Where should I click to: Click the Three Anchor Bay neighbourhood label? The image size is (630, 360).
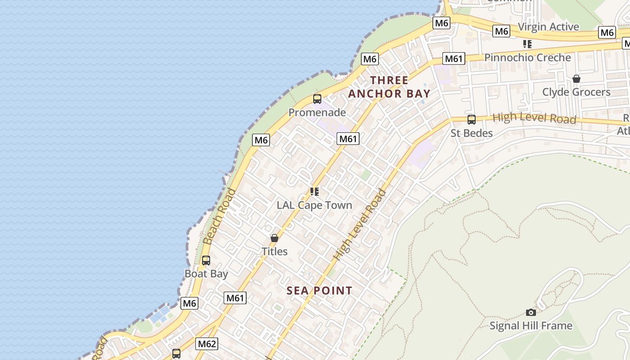click(x=389, y=87)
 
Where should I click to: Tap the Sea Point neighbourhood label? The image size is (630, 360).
click(x=319, y=290)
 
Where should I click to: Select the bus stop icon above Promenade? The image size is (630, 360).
click(x=317, y=99)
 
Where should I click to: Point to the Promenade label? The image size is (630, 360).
click(x=317, y=112)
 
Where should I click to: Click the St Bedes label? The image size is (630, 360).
click(x=472, y=133)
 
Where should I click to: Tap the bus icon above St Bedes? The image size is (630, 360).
click(x=472, y=120)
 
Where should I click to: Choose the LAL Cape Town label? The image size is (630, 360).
click(x=314, y=205)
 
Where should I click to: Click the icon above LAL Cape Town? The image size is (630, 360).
click(x=314, y=192)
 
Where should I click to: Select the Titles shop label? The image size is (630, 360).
click(x=274, y=251)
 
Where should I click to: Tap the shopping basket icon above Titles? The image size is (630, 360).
click(x=274, y=238)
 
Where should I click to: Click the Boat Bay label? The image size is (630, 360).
click(x=207, y=274)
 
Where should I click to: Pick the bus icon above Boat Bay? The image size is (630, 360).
click(x=206, y=261)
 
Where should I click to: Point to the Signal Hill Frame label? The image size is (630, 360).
click(x=531, y=325)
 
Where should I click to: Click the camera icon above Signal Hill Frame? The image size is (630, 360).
click(x=531, y=312)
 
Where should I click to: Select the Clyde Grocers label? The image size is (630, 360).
click(x=576, y=92)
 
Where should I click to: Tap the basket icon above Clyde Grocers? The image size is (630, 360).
click(x=576, y=79)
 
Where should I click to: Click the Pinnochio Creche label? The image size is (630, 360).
click(x=527, y=58)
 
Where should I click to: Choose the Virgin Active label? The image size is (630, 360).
click(x=548, y=27)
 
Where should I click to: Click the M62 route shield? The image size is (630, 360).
click(x=207, y=344)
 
